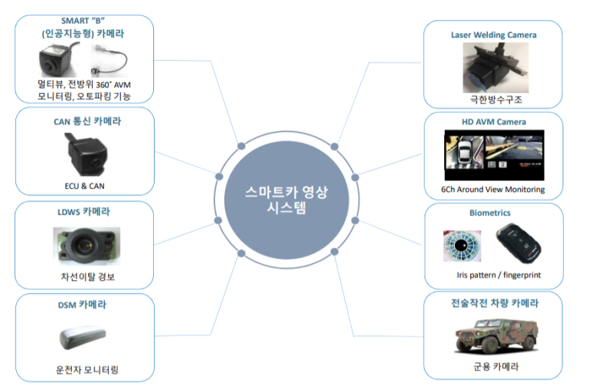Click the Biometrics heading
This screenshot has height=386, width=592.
(x=491, y=213)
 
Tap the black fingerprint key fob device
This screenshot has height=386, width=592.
(x=521, y=245)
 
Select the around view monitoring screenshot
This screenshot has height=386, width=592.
(x=494, y=157)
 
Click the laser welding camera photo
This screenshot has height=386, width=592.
(x=492, y=68)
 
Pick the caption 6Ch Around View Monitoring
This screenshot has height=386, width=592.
(x=492, y=189)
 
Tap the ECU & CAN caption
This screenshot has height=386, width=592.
(x=84, y=184)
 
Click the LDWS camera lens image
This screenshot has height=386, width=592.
(x=84, y=245)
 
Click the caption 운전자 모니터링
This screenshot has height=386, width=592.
(x=84, y=368)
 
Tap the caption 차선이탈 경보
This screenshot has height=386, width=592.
(x=84, y=276)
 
